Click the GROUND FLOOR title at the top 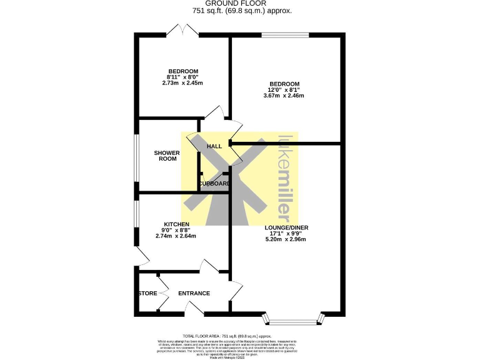point(240,3)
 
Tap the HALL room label point(214,146)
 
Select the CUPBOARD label point(214,184)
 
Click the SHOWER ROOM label point(167,156)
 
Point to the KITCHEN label point(176,224)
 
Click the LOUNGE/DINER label point(286,227)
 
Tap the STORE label point(147,293)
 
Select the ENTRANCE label point(194,293)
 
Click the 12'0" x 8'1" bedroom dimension point(284,90)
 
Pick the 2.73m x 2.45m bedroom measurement point(182,82)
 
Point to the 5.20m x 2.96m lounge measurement point(286,239)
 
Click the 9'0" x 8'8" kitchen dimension point(176,230)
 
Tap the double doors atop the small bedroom point(183,29)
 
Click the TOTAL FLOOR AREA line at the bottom point(239,336)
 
